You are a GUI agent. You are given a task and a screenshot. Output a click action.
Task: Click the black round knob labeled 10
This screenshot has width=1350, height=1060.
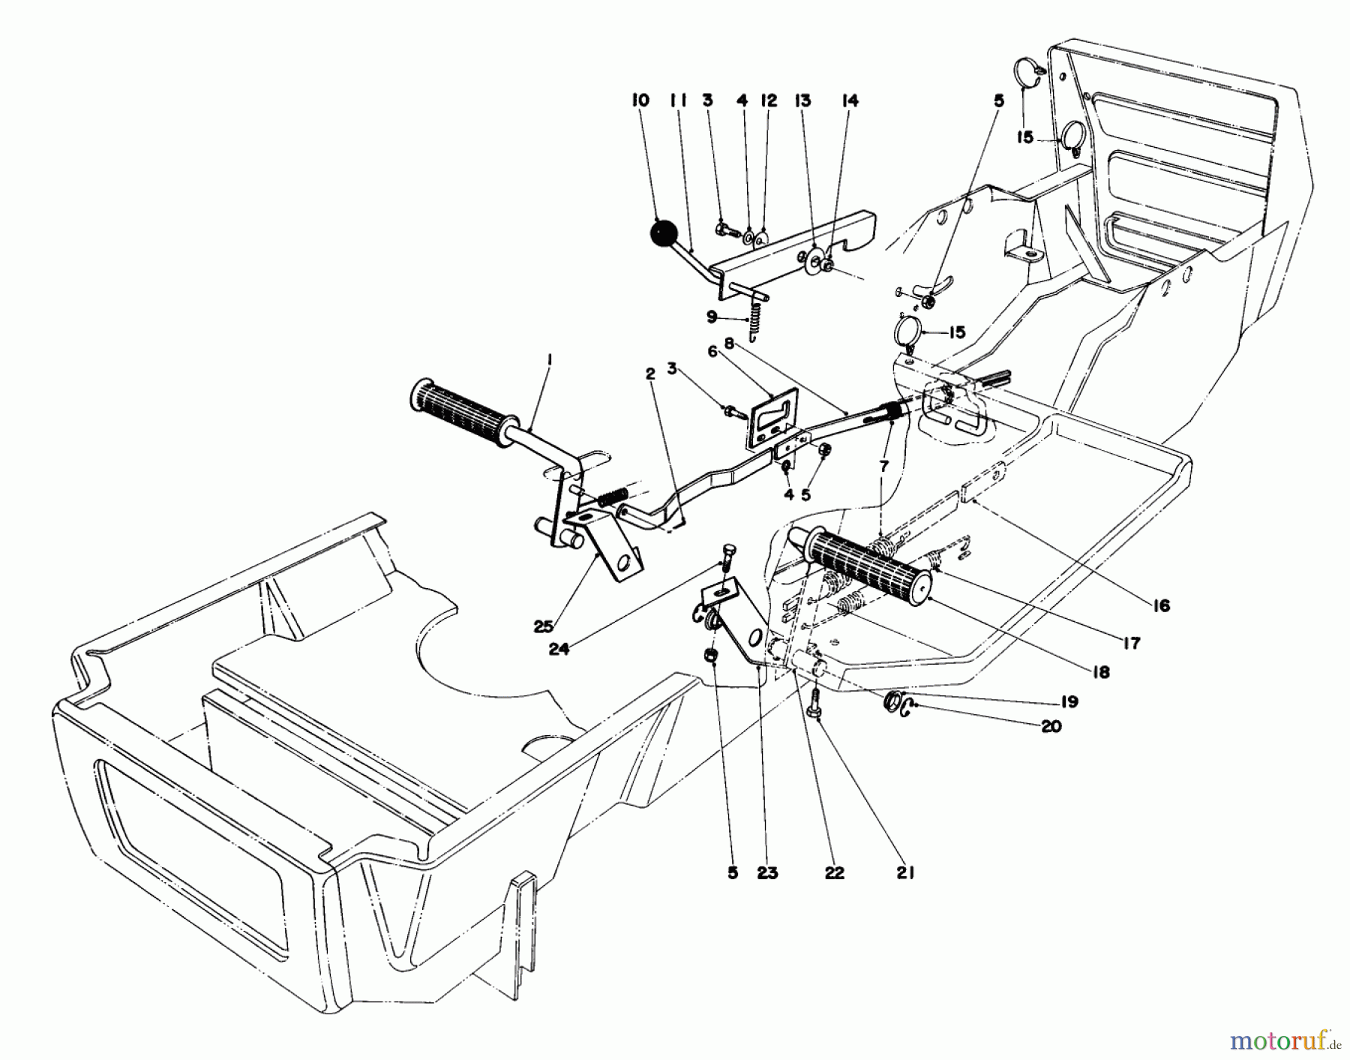coord(663,233)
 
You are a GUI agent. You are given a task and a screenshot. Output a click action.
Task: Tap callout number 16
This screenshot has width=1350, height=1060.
coord(1160,605)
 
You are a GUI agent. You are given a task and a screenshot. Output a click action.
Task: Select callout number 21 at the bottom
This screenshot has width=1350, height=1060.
coord(905,872)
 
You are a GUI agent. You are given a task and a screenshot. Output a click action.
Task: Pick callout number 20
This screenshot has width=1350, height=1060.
coord(1051,726)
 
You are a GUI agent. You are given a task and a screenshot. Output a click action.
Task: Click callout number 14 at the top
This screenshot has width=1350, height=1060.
coord(849,101)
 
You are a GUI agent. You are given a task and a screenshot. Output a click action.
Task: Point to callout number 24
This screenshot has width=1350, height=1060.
coord(559,650)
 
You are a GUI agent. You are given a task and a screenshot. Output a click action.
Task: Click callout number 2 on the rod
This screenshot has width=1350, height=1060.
coord(650,371)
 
